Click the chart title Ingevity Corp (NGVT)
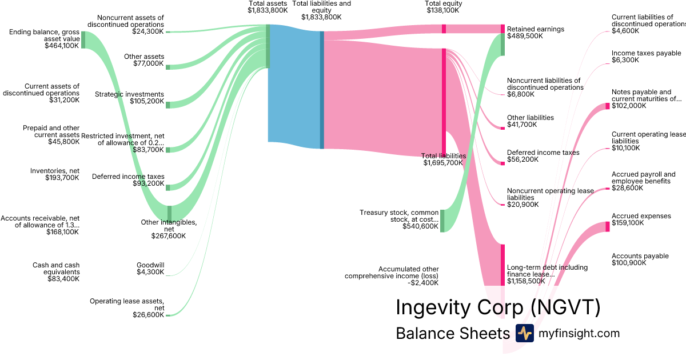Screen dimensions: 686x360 tap(498, 307)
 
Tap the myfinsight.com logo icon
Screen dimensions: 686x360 tap(524, 333)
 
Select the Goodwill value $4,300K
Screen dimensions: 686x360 tap(150, 272)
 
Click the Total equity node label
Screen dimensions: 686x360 tap(443, 3)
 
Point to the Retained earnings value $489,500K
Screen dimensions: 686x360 tap(525, 36)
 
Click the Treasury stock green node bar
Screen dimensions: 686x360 tap(442, 220)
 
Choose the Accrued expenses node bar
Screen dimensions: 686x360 tap(608, 226)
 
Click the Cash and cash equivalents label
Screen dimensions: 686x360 tap(56, 269)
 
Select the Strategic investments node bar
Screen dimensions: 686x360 tap(168, 105)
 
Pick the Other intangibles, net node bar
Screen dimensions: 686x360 tap(169, 213)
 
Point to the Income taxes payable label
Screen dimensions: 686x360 tap(646, 53)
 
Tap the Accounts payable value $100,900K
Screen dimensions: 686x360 tap(629, 263)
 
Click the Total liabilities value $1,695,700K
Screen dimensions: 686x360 tap(444, 163)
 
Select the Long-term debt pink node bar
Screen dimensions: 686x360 tap(503, 264)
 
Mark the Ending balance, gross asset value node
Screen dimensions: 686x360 tap(83, 39)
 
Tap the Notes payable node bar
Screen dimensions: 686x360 tap(608, 106)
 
